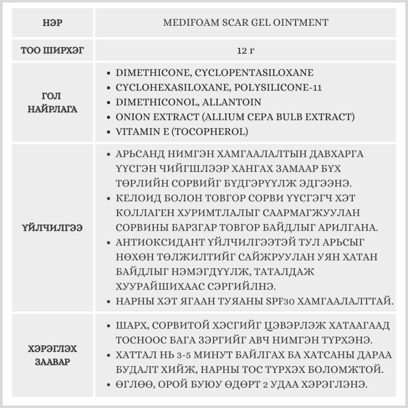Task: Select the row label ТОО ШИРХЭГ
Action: click(52, 51)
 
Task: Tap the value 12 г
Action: click(246, 51)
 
